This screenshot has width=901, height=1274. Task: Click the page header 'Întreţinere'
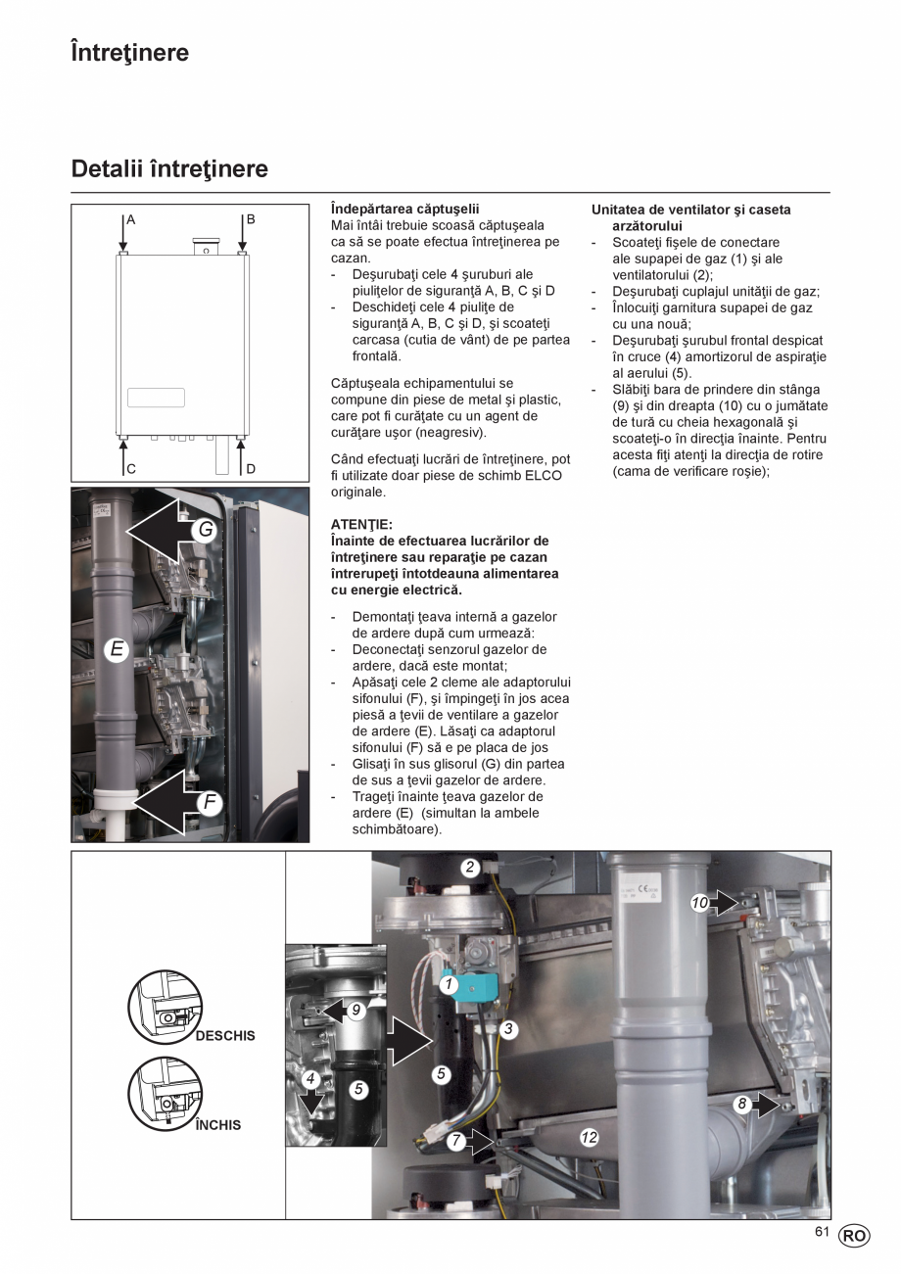129,53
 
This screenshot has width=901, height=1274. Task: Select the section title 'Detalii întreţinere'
169,169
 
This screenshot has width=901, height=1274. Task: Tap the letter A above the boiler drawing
131,219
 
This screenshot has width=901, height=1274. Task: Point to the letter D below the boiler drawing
251,469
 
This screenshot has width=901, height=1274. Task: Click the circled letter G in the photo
206,530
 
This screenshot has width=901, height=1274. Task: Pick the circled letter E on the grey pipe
117,648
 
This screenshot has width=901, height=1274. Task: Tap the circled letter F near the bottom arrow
209,803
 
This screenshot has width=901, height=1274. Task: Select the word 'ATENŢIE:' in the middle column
361,525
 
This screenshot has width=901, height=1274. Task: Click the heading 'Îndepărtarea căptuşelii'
404,210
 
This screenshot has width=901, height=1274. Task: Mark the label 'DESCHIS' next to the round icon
225,1035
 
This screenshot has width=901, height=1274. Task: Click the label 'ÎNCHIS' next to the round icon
217,1125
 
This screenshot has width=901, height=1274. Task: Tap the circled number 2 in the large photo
470,867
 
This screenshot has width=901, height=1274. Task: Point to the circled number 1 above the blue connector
449,984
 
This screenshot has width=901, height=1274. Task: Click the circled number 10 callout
699,903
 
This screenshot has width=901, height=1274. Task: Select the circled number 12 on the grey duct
589,1138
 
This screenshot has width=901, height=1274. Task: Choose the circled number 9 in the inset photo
356,1010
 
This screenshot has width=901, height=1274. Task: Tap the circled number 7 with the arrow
456,1141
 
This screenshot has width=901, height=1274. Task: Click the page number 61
822,1233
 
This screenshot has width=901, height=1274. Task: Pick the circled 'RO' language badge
854,1236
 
